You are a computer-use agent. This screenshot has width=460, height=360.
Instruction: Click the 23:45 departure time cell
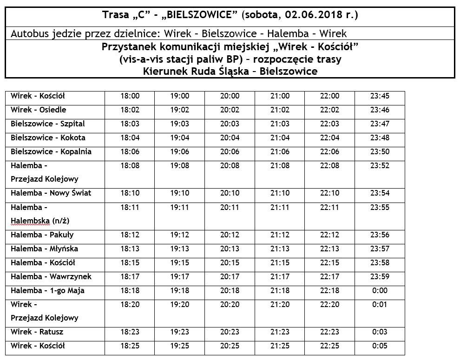[x=380, y=96]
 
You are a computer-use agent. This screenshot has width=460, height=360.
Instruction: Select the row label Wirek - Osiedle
[x=39, y=110]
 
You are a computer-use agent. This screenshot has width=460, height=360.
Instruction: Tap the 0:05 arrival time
[x=380, y=346]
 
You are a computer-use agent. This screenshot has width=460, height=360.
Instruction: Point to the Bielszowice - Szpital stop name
[x=48, y=124]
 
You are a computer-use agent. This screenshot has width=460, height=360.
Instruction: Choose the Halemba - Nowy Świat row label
[x=51, y=193]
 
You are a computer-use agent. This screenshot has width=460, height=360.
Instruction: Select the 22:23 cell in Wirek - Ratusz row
[x=330, y=332]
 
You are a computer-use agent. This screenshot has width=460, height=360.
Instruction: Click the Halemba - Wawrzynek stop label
[x=51, y=277]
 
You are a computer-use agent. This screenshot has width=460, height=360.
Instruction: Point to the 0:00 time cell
[x=380, y=291]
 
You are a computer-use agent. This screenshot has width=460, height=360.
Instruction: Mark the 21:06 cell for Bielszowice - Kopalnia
[x=280, y=152]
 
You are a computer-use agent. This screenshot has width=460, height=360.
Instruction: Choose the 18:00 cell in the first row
[x=130, y=96]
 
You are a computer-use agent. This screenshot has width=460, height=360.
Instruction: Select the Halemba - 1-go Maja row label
[x=48, y=291]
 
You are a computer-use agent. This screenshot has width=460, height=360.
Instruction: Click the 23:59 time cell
[x=380, y=277]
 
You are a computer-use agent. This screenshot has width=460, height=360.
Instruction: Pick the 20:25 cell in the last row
[x=230, y=346]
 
